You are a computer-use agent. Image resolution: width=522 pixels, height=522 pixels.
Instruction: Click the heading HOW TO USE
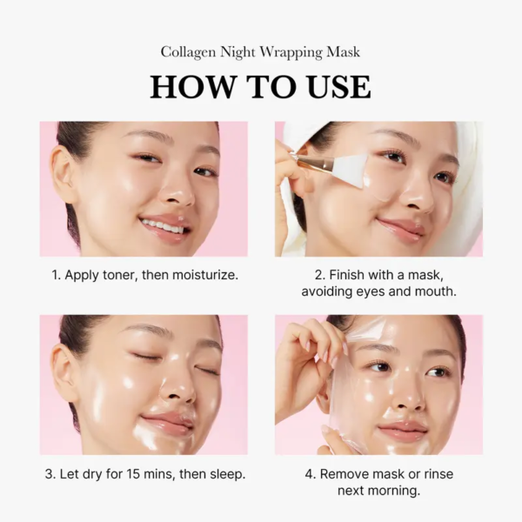pos(260,87)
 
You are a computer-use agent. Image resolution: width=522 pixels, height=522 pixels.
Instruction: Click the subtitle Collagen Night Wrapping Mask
pos(260,52)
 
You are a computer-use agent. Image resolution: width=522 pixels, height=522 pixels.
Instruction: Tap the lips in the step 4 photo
pos(403,431)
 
